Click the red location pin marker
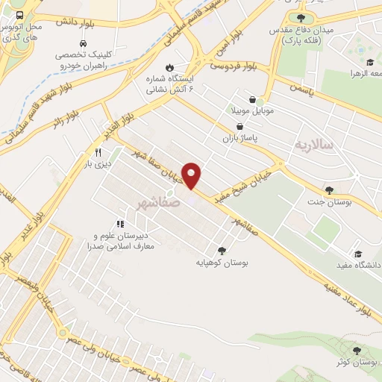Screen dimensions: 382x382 click(192, 175)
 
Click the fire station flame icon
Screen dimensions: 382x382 click(169, 66)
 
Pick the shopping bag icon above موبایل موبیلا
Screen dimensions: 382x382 click(253, 99)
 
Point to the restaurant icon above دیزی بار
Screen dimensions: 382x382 click(97, 149)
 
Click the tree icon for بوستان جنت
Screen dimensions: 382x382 click(329, 190)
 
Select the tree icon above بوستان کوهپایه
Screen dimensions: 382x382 click(221, 251)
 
